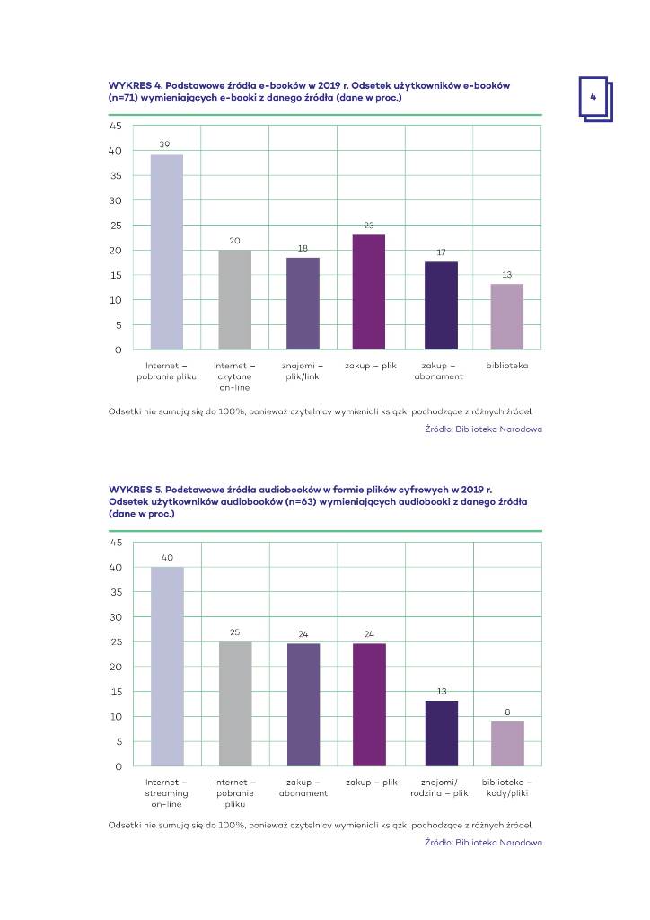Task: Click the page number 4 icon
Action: coord(593,97)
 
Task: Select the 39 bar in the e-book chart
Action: coord(166,252)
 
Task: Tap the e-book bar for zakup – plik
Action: coord(369,292)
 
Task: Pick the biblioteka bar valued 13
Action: coord(506,316)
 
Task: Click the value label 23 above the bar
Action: coord(369,225)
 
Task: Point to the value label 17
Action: coord(441,252)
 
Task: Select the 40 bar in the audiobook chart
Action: coord(166,666)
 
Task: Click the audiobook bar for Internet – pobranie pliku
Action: coord(235,703)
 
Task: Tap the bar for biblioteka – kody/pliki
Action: coord(506,743)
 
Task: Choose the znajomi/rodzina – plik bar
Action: coord(441,733)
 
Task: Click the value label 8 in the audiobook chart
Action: coord(506,712)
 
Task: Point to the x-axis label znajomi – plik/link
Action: coord(302,371)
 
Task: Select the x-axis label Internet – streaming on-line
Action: coord(166,793)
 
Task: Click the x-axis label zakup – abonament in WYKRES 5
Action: coord(303,788)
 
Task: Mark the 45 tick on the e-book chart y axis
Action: coord(115,126)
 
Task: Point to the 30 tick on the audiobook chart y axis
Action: coord(115,617)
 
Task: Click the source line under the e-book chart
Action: coord(483,429)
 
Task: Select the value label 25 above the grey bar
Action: coord(235,633)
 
